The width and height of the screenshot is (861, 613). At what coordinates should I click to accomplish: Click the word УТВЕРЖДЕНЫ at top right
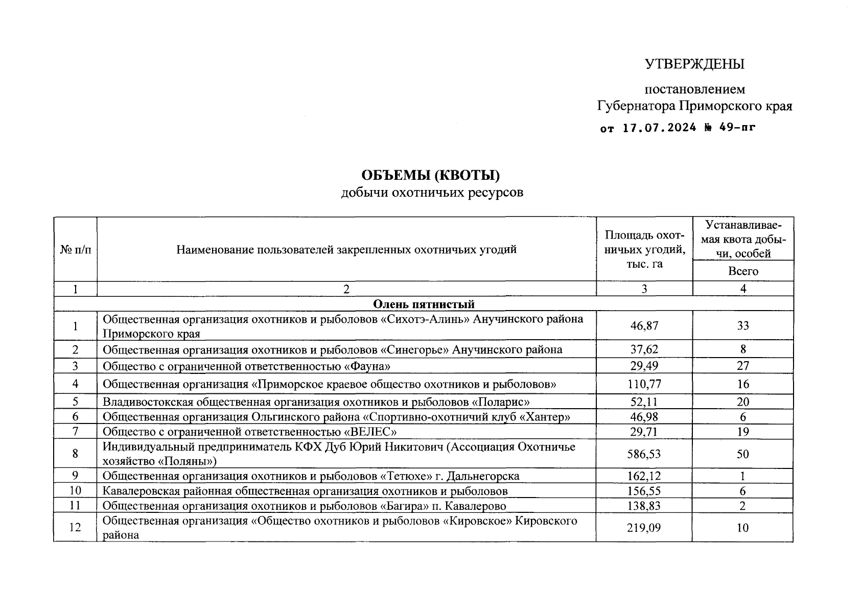click(694, 64)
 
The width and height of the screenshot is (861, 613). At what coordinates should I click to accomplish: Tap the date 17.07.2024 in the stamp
click(659, 128)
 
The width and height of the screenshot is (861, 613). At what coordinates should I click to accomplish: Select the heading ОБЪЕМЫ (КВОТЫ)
click(430, 175)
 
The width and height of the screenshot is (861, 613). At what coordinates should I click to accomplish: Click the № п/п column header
click(75, 250)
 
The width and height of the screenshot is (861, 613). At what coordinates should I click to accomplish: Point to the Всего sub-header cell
click(743, 271)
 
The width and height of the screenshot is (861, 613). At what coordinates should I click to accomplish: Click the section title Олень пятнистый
click(424, 304)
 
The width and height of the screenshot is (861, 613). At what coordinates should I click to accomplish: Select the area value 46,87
click(644, 326)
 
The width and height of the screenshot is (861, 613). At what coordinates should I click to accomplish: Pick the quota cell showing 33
click(743, 326)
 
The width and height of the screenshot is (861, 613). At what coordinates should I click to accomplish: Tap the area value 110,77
click(644, 384)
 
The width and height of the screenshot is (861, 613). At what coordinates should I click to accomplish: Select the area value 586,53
click(644, 454)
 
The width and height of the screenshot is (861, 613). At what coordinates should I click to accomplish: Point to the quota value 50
click(743, 454)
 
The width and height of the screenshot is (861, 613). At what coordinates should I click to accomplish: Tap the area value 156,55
click(644, 491)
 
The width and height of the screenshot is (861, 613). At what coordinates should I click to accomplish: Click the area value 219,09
click(644, 528)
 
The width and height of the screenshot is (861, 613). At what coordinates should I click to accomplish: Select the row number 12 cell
click(75, 528)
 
